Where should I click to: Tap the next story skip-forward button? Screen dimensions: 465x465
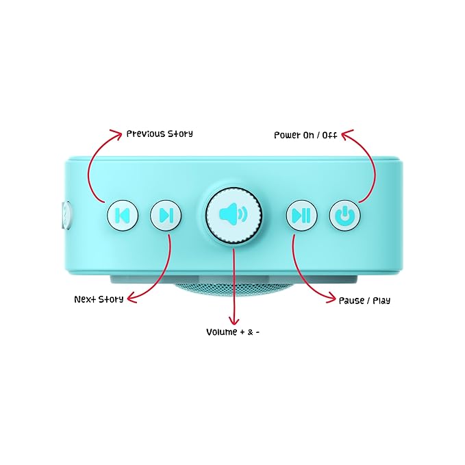click(x=166, y=215)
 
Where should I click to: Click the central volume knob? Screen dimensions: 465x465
click(x=234, y=215)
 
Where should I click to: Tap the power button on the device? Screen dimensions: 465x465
click(x=345, y=215)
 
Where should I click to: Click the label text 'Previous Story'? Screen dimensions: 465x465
click(x=160, y=134)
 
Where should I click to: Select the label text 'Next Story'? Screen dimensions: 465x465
click(x=99, y=299)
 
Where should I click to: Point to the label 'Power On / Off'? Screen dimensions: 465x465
click(x=305, y=136)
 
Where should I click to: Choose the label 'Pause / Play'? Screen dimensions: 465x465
click(x=364, y=301)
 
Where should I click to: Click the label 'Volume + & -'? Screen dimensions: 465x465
click(x=233, y=332)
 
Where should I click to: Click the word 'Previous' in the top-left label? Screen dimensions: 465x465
click(x=146, y=134)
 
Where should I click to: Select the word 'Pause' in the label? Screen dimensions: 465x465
click(x=352, y=301)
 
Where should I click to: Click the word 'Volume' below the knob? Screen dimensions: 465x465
click(x=221, y=332)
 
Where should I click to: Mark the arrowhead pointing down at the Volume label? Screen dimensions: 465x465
click(x=234, y=322)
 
